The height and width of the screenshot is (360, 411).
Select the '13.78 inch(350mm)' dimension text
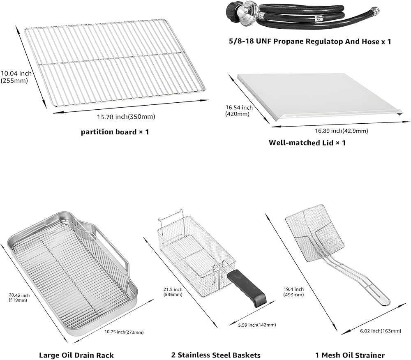(126, 117)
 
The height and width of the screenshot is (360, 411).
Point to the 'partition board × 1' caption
(115, 132)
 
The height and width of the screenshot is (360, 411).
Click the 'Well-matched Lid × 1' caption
(307, 143)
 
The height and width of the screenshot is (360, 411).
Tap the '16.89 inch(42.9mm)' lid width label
(341, 131)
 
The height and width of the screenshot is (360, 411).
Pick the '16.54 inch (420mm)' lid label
(239, 111)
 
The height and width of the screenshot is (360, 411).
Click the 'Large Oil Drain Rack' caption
(76, 355)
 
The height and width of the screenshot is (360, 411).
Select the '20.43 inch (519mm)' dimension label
(19, 298)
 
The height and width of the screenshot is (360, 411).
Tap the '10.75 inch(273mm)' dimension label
(124, 332)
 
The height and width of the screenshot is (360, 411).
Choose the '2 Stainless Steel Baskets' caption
(216, 355)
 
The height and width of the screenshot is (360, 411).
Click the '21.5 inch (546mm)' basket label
(173, 292)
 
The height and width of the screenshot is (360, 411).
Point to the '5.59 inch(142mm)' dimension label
(257, 325)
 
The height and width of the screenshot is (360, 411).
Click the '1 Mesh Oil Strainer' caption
(350, 355)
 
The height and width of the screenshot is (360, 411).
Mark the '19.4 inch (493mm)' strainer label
(293, 292)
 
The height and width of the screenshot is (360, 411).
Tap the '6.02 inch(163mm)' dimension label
(380, 331)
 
